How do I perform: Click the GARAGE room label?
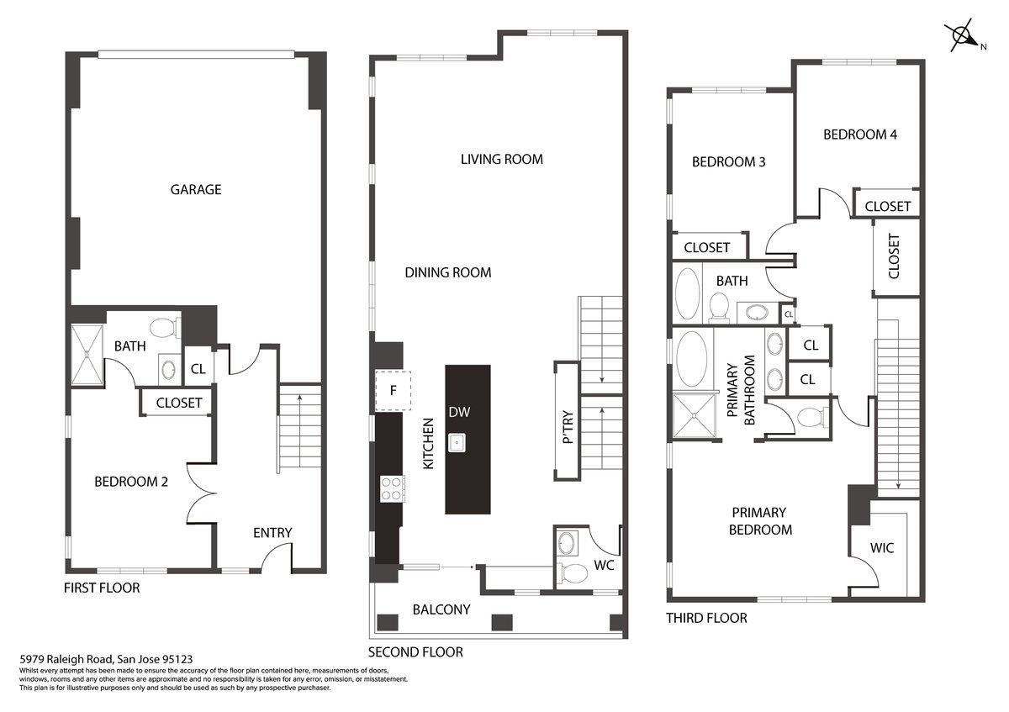tap(195, 190)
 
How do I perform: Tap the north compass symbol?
tap(962, 36)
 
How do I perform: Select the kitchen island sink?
tap(457, 443)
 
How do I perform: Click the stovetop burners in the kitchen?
tap(391, 488)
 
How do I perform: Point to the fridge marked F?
tap(393, 390)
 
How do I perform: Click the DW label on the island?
tap(459, 412)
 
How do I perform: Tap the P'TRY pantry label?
tap(568, 426)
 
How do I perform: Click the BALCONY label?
tap(441, 609)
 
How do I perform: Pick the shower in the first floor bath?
tap(87, 355)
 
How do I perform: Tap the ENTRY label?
tap(272, 533)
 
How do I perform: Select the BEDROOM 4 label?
tap(860, 134)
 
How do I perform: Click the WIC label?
tap(881, 547)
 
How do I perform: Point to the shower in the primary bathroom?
tap(695, 415)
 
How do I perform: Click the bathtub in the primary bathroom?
tap(691, 359)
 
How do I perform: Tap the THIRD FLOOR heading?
tap(706, 618)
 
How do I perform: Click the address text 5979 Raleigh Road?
tap(66, 659)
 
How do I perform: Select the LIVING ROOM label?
tap(501, 159)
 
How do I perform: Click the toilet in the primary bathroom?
tap(812, 418)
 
